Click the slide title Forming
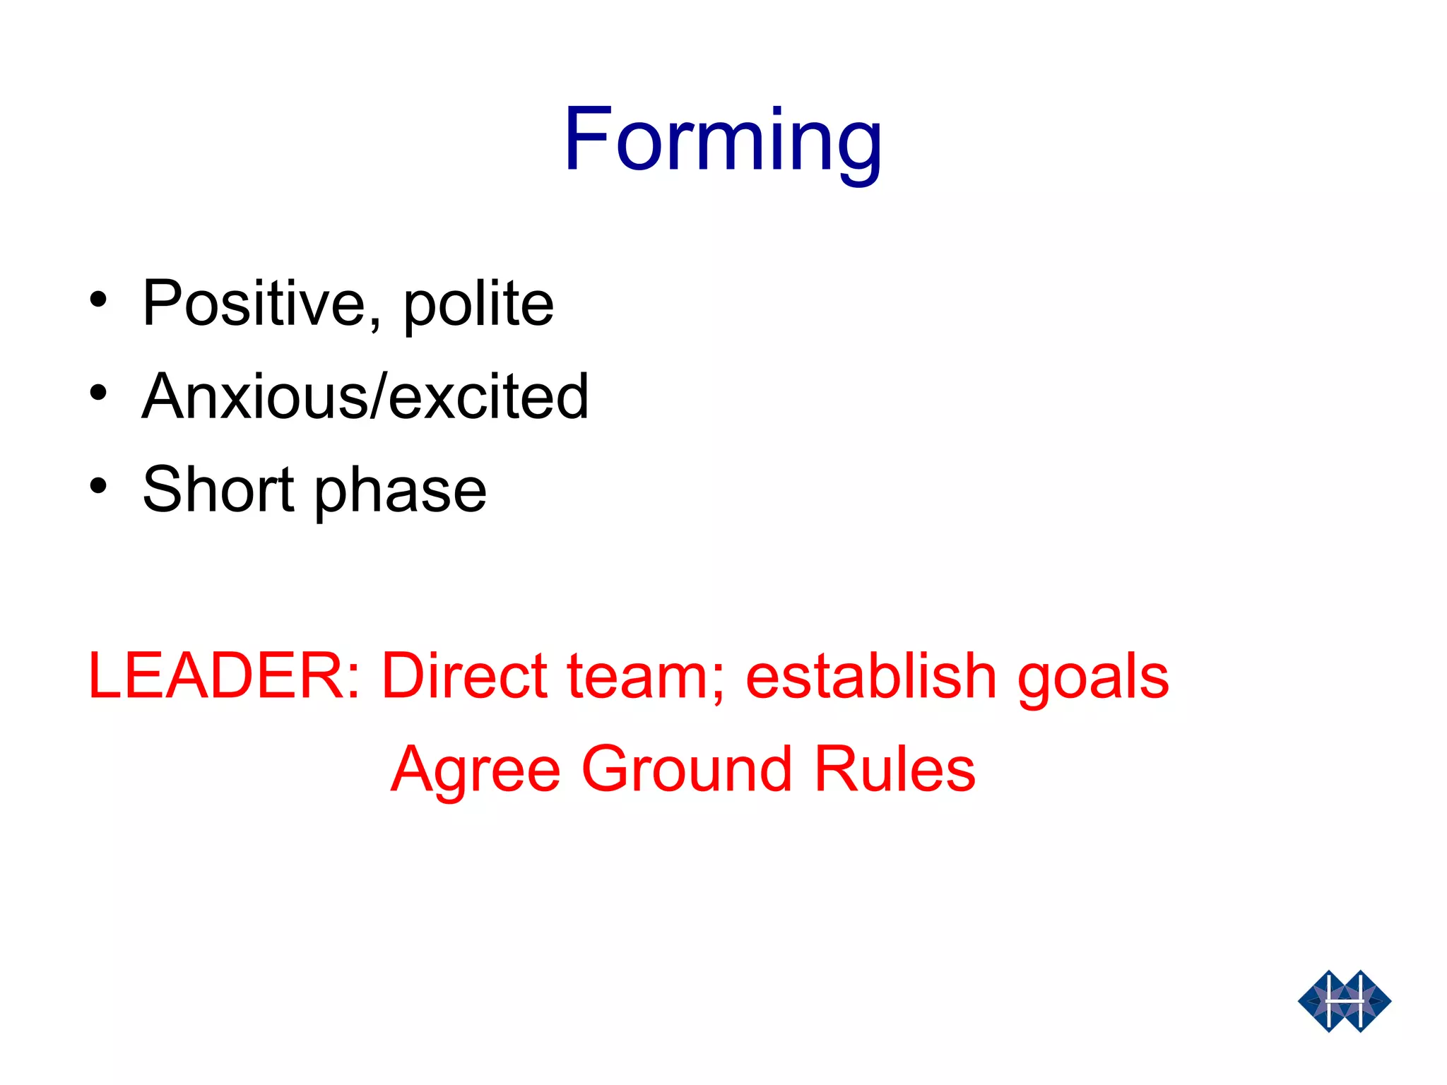pos(722,139)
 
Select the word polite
pos(478,304)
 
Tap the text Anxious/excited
pos(365,396)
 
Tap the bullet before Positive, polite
pos(98,300)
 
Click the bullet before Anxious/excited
pos(98,393)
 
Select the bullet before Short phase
pos(98,486)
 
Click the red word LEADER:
pos(224,676)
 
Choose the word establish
pos(871,676)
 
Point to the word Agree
pos(476,771)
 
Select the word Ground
pos(687,769)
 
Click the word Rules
pos(894,769)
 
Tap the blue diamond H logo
pos(1344,1001)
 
